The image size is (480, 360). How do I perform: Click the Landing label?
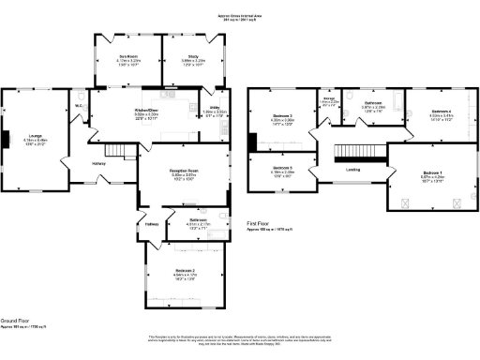tap(352, 170)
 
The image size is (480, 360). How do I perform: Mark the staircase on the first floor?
tap(360, 151)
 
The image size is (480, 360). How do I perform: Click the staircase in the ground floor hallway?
tap(114, 150)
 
